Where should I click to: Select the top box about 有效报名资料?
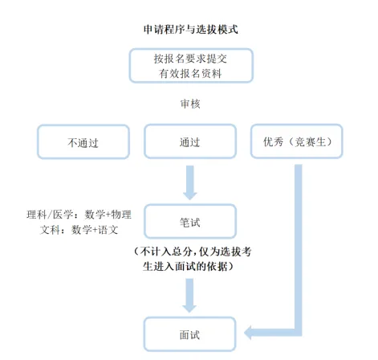[190, 66]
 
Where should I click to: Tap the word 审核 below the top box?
[190, 104]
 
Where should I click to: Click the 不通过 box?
[83, 141]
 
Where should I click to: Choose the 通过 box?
[190, 141]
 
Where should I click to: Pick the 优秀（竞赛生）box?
[298, 141]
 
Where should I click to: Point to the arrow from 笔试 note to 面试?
[190, 295]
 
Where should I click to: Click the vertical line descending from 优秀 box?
[299, 241]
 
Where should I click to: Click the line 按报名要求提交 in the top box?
[190, 59]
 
